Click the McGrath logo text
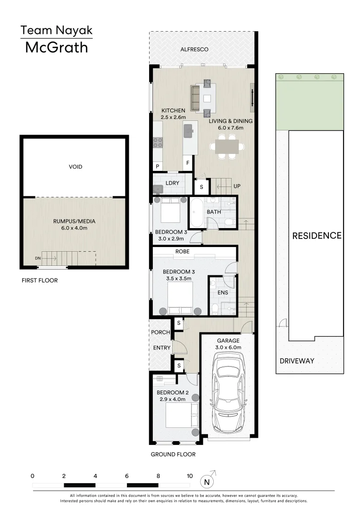click(x=56, y=48)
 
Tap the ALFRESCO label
click(x=194, y=50)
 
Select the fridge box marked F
click(x=188, y=163)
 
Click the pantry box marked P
click(x=157, y=166)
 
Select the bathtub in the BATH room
click(x=197, y=212)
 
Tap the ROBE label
click(x=182, y=252)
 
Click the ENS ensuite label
click(x=223, y=293)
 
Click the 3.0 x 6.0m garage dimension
click(x=228, y=348)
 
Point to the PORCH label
click(x=160, y=332)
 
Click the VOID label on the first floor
click(x=75, y=167)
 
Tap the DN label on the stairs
click(x=37, y=258)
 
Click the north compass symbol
click(x=206, y=481)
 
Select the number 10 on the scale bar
click(x=190, y=476)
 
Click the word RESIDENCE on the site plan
click(x=316, y=235)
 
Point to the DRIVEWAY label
click(x=297, y=361)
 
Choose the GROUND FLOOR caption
click(x=173, y=454)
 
